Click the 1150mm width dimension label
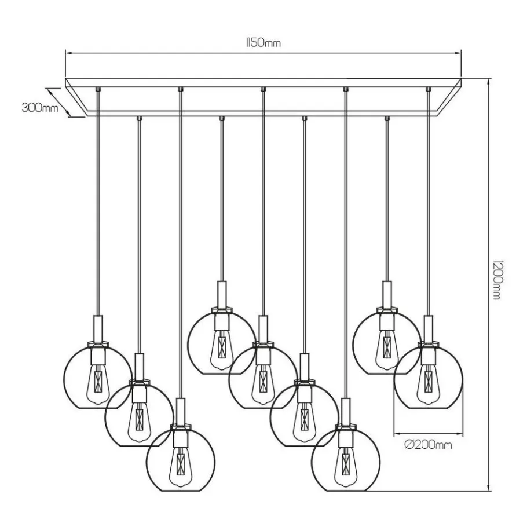pyautogui.click(x=263, y=42)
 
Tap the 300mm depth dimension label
pyautogui.click(x=40, y=107)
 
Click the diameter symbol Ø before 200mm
pyautogui.click(x=408, y=445)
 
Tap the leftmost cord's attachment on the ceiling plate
pyautogui.click(x=98, y=89)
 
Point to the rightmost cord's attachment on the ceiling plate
pyautogui.click(x=428, y=89)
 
